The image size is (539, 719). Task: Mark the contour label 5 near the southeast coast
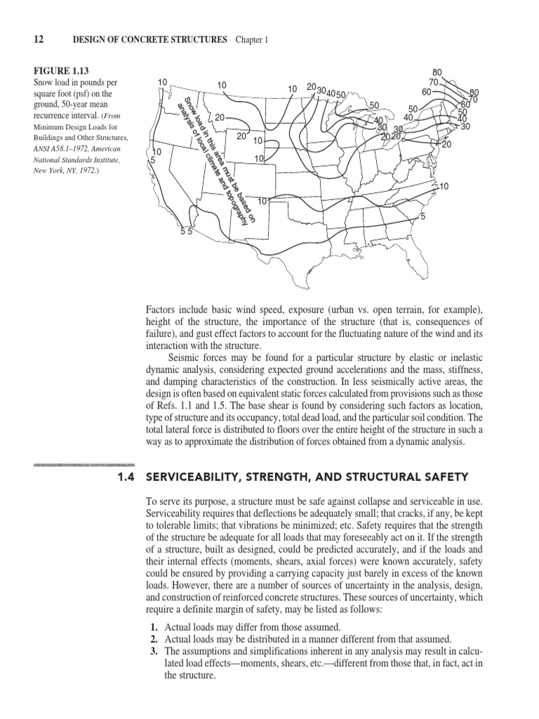[x=422, y=216]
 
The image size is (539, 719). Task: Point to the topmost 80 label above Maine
[x=437, y=72]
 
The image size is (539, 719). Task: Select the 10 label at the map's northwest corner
[x=162, y=82]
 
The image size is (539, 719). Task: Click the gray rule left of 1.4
[x=84, y=465]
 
